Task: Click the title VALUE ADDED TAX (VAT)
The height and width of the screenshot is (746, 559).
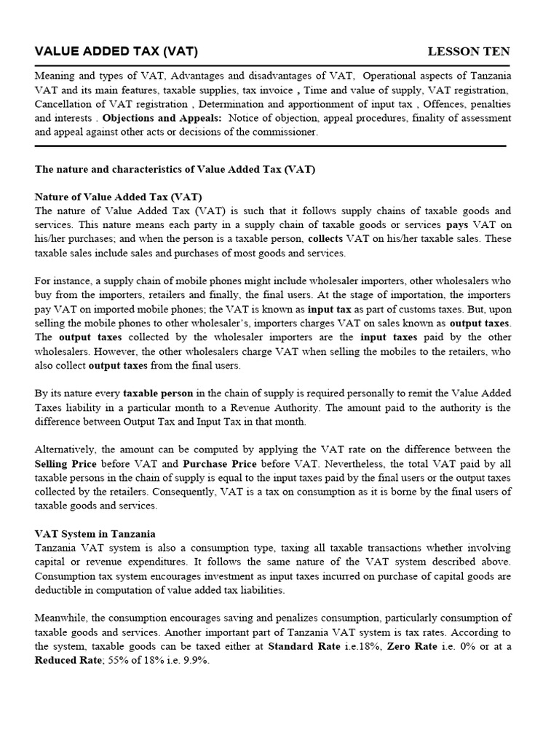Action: [x=116, y=51]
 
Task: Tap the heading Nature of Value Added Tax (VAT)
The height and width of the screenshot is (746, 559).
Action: [x=119, y=197]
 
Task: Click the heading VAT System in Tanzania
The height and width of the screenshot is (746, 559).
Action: [x=95, y=533]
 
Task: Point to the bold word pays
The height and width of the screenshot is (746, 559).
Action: [x=457, y=225]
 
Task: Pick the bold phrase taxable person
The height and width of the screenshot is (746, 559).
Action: [x=157, y=393]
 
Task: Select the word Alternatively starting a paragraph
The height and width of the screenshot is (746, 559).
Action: [x=66, y=449]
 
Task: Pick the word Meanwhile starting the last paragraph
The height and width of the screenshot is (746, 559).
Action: [x=65, y=618]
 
